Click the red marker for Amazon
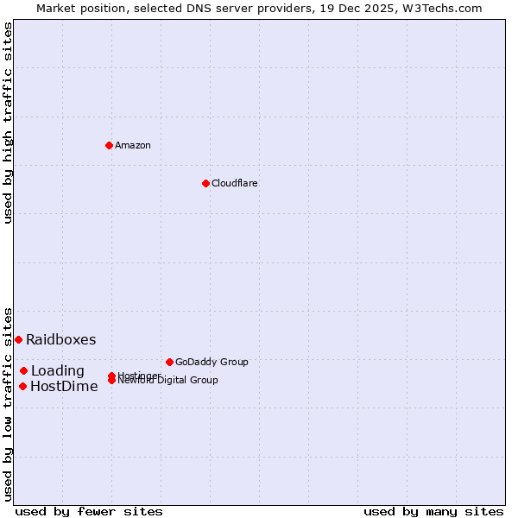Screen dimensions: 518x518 (x=109, y=145)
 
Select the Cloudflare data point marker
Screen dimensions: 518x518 (x=205, y=183)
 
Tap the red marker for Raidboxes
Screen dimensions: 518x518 (x=18, y=339)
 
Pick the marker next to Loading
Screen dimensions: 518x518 (x=24, y=370)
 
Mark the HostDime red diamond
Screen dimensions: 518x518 (x=22, y=386)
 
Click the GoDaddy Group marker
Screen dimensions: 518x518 (x=169, y=362)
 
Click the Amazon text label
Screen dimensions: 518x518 (x=133, y=145)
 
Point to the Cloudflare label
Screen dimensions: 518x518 (x=235, y=183)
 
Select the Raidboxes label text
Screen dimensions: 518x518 (x=61, y=339)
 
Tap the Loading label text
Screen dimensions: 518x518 (x=58, y=371)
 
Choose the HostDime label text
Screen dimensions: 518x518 (x=64, y=387)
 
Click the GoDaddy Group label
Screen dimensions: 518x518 (x=212, y=362)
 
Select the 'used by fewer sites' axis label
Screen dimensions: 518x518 (x=89, y=511)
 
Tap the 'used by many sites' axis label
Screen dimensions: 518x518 (x=433, y=511)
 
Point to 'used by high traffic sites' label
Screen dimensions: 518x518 (x=8, y=123)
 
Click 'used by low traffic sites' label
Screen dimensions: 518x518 (x=8, y=403)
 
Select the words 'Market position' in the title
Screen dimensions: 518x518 (x=73, y=8)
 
